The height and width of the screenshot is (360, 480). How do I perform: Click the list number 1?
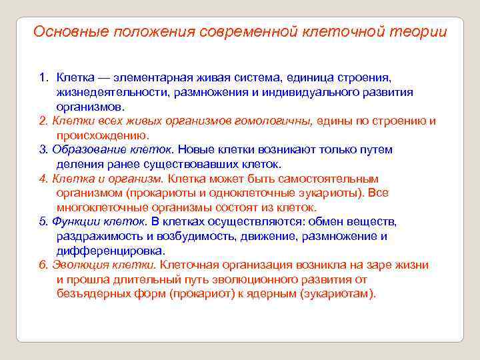point(43,78)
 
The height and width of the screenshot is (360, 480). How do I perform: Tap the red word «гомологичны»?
point(277,121)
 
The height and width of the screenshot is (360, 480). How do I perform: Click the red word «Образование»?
point(81,149)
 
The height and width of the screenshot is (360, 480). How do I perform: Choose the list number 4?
point(43,179)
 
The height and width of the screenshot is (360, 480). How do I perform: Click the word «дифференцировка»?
point(110,251)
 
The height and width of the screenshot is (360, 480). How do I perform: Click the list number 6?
point(43,265)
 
